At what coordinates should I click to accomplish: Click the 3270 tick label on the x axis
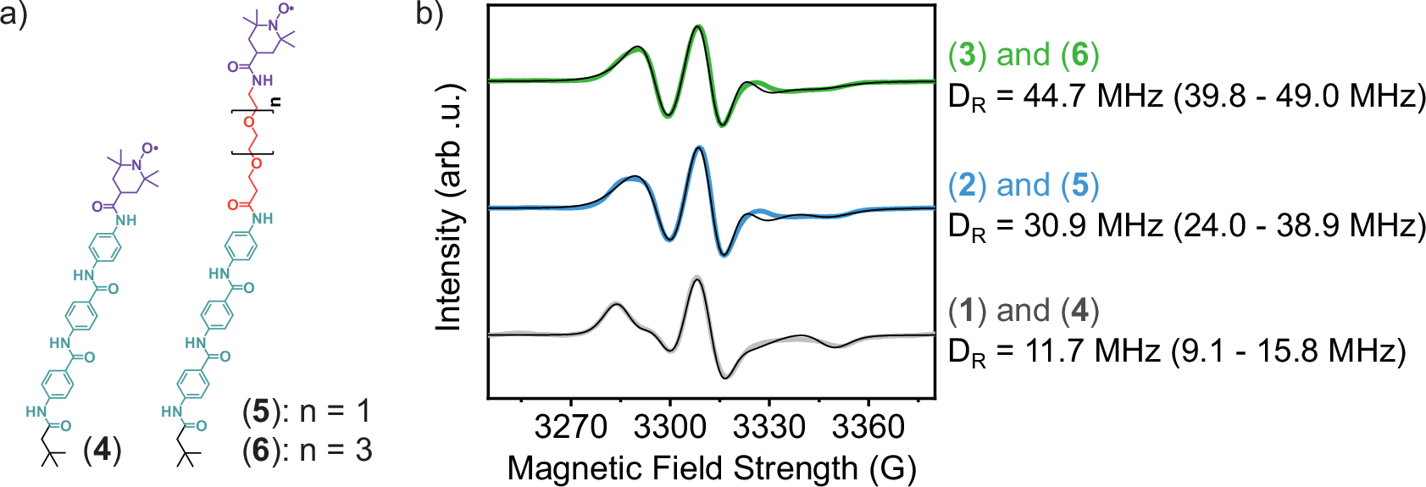pyautogui.click(x=570, y=427)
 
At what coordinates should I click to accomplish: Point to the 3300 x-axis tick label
pyautogui.click(x=669, y=427)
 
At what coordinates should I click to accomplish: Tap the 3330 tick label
pyautogui.click(x=768, y=427)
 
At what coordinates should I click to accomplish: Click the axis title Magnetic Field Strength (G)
pyautogui.click(x=711, y=468)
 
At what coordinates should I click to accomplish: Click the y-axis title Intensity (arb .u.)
pyautogui.click(x=450, y=208)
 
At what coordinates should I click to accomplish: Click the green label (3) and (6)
pyautogui.click(x=1024, y=55)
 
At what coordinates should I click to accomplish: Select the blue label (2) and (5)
pyautogui.click(x=1024, y=185)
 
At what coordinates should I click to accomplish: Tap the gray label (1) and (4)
pyautogui.click(x=1024, y=311)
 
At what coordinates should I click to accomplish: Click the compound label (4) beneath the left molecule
pyautogui.click(x=103, y=450)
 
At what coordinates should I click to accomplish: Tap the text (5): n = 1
pyautogui.click(x=308, y=412)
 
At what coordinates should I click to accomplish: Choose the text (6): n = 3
pyautogui.click(x=308, y=450)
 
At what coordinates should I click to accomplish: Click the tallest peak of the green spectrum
pyautogui.click(x=697, y=27)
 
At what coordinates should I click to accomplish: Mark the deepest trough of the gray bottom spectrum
pyautogui.click(x=725, y=377)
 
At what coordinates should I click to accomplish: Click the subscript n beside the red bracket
pyautogui.click(x=275, y=102)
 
